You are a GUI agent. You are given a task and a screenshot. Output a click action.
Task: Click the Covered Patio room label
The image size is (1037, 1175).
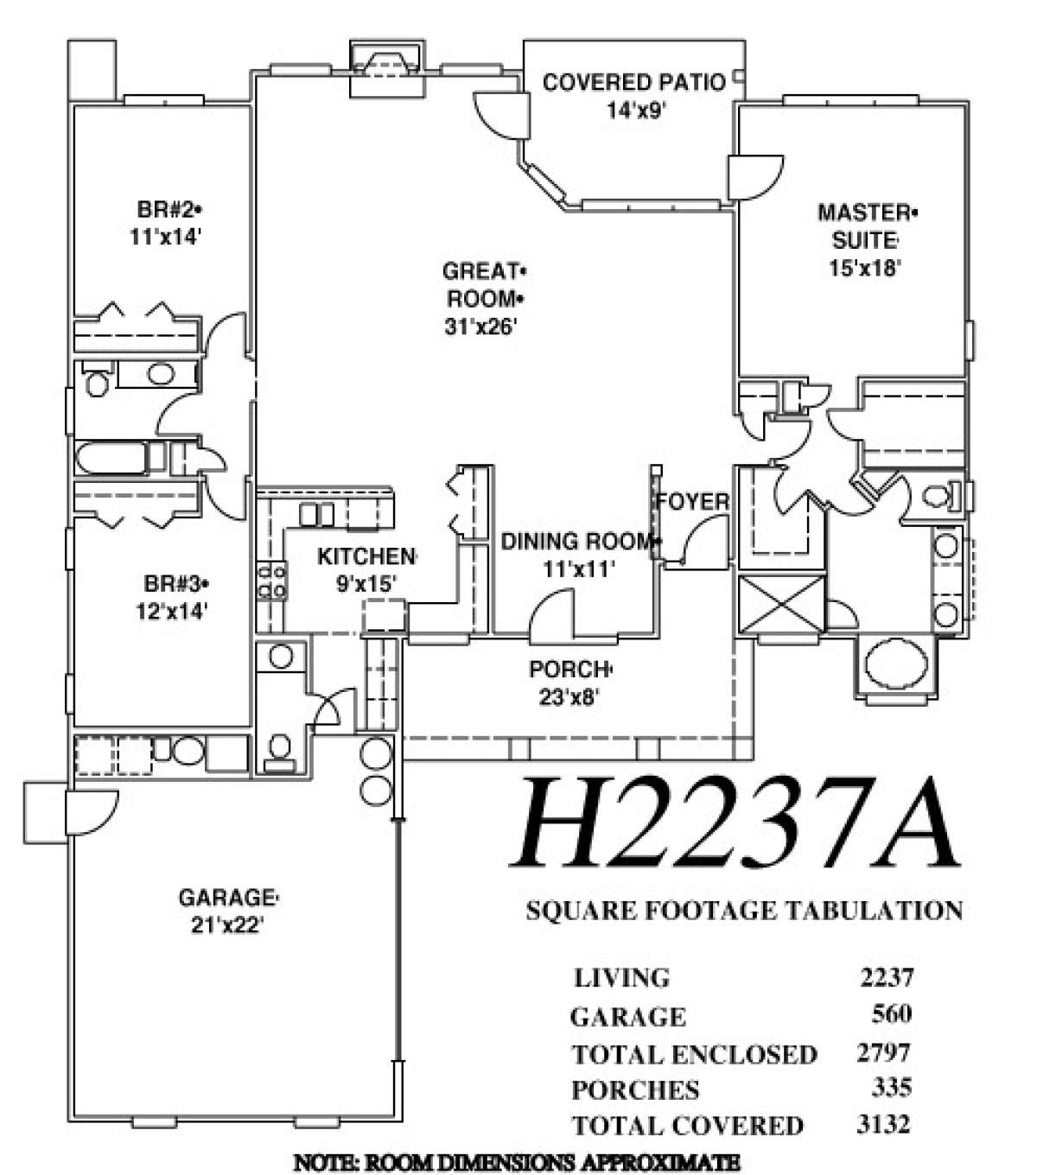(633, 83)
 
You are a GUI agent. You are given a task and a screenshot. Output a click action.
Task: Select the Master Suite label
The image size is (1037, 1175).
(866, 225)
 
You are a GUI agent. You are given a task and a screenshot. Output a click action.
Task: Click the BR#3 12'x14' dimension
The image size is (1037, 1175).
(171, 612)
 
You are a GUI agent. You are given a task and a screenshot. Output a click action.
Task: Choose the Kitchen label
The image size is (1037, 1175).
(366, 556)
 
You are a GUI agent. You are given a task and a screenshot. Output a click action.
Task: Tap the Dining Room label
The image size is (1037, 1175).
(576, 542)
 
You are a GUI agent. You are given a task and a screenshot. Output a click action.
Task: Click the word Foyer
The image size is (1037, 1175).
(692, 502)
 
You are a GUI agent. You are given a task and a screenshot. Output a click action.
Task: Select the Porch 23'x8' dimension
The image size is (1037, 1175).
(569, 696)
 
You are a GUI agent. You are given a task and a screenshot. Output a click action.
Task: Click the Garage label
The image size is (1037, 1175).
(227, 898)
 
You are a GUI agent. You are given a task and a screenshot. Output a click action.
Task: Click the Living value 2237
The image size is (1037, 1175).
(886, 976)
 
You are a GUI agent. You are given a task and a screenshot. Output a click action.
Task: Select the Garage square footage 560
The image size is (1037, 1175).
(892, 1013)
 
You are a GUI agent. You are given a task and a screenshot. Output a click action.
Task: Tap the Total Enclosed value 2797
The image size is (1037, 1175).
(884, 1052)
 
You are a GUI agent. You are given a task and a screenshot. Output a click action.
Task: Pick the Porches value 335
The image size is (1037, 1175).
(892, 1087)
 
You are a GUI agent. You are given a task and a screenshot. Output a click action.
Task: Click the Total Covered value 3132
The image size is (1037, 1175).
(884, 1124)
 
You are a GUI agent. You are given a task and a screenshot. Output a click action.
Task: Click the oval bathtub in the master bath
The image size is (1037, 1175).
(894, 664)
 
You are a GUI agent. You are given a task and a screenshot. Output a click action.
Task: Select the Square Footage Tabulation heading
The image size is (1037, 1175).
(744, 911)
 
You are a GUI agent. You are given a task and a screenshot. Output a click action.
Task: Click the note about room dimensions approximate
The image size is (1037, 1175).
(517, 1162)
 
